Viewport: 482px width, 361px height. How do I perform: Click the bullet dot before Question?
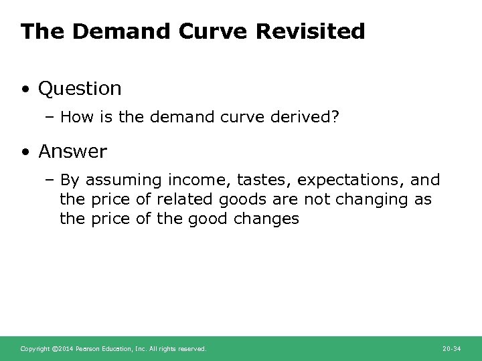click(25, 89)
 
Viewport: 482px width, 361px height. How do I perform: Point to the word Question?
click(80, 88)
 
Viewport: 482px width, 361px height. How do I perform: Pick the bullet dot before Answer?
click(25, 152)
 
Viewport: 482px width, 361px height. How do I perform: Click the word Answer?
click(72, 152)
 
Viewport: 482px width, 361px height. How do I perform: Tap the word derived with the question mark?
click(303, 118)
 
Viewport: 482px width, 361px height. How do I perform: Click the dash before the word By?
click(51, 180)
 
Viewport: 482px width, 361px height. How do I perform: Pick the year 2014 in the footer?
click(66, 349)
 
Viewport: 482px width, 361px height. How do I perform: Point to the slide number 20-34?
click(453, 349)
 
